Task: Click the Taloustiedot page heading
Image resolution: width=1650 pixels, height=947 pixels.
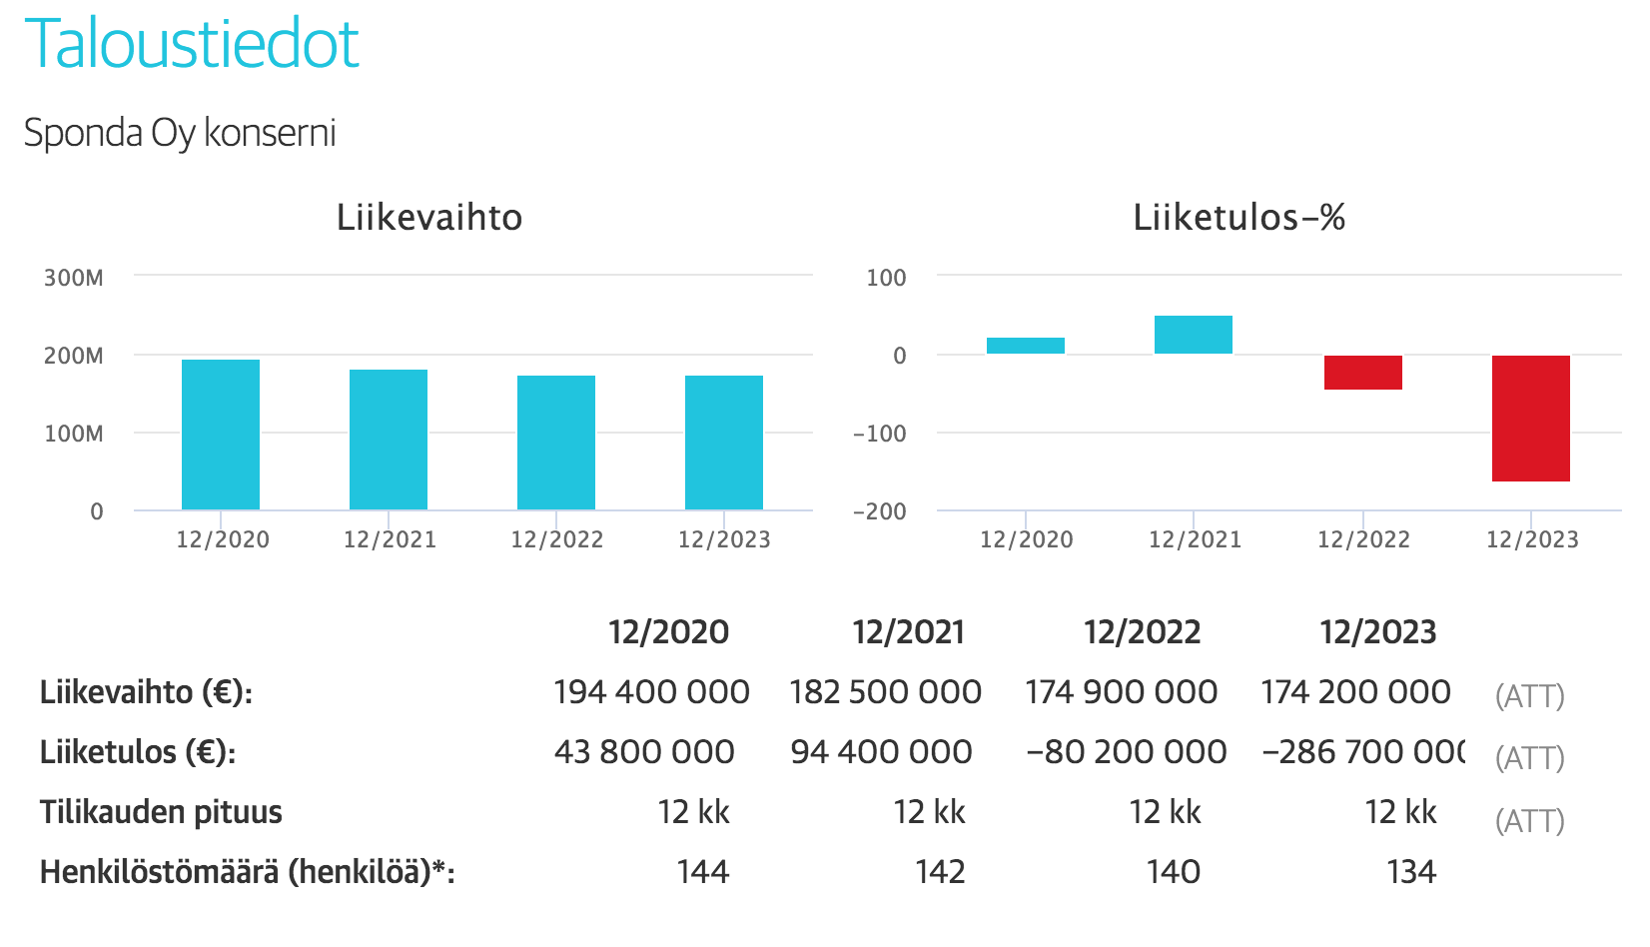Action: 192,44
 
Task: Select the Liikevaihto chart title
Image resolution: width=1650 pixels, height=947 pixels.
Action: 429,218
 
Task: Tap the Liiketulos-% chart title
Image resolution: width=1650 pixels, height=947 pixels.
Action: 1238,218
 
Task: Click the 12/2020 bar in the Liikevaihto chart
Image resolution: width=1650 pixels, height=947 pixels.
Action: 221,435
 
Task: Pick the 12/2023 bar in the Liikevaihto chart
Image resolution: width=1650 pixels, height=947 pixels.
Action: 724,443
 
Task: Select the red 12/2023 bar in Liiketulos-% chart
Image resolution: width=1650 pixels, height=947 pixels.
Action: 1531,419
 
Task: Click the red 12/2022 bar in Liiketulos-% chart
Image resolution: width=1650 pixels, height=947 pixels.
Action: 1363,373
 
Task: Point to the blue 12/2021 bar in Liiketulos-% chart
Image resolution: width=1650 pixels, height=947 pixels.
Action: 1194,335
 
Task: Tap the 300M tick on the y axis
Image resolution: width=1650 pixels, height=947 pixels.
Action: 73,278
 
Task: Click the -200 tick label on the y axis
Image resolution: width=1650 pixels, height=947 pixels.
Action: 880,511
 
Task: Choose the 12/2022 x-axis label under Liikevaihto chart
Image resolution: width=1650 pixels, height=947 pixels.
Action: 557,540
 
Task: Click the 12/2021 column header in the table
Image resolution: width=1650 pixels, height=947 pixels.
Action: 908,632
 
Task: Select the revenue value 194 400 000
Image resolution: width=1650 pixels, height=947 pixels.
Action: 651,692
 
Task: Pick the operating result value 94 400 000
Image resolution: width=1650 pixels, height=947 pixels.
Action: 881,752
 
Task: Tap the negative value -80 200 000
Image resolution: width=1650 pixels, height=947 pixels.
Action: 1126,752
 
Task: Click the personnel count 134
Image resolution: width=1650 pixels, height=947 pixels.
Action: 1411,872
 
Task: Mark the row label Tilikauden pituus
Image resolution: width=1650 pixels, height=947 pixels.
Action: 161,812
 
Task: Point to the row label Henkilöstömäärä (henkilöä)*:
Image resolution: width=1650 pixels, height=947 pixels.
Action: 247,872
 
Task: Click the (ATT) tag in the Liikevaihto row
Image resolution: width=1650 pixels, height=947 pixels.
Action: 1529,696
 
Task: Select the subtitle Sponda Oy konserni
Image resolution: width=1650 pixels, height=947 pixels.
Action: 180,133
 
